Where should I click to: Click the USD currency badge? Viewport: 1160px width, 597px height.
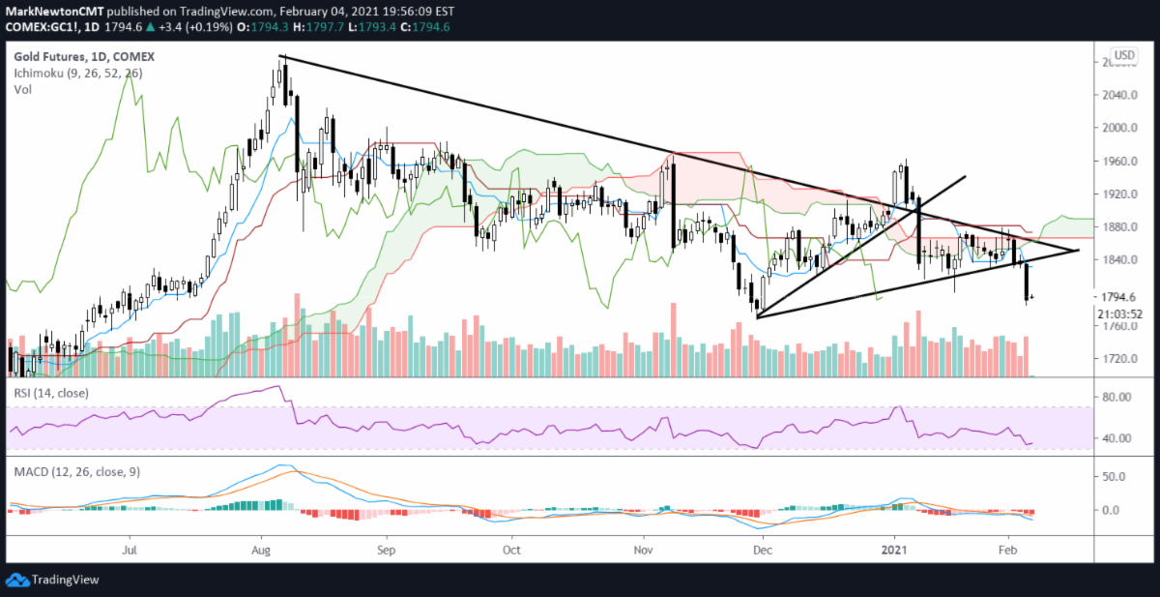[x=1124, y=55]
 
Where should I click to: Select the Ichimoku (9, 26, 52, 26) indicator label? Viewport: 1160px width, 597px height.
[x=67, y=73]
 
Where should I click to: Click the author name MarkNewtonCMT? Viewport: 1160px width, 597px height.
[x=48, y=10]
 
